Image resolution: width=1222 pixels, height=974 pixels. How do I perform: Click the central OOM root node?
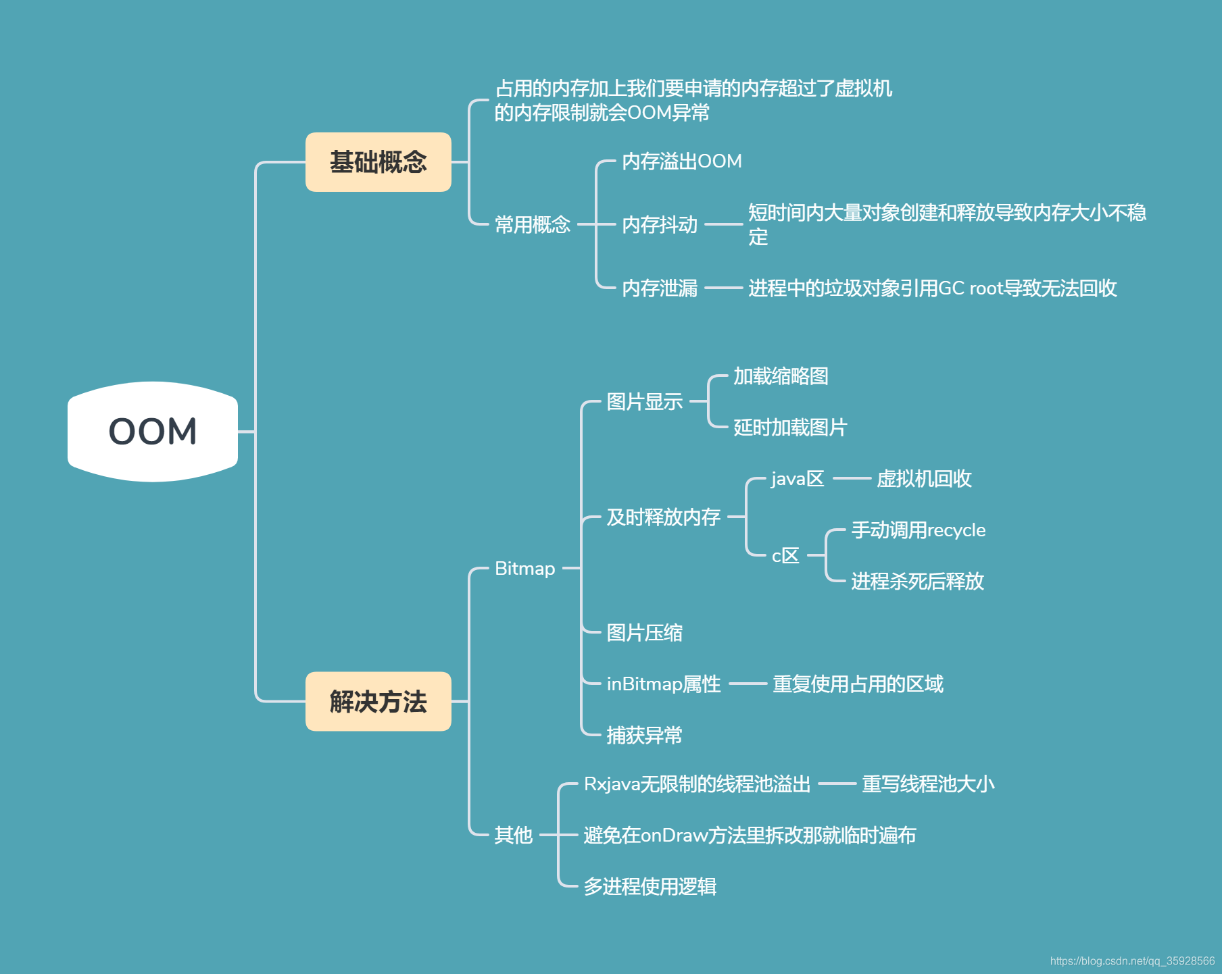(x=153, y=432)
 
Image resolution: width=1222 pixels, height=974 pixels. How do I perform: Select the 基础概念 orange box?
(x=378, y=162)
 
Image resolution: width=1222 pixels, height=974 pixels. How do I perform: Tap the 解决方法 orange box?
(x=378, y=701)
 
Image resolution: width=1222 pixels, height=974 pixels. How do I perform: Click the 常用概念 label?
(x=533, y=224)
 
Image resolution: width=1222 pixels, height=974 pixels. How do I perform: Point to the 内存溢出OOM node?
(x=681, y=161)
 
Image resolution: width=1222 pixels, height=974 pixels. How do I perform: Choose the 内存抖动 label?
(x=659, y=224)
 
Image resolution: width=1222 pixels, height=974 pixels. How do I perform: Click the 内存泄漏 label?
(x=659, y=288)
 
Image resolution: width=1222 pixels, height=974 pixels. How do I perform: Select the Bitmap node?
(x=524, y=569)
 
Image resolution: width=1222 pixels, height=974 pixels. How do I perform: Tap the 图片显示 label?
(x=644, y=402)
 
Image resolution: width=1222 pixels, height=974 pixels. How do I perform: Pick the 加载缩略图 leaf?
(x=781, y=376)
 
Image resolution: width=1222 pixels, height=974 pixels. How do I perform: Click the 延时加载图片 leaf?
(x=790, y=428)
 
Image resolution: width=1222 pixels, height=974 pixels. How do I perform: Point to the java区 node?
(x=798, y=479)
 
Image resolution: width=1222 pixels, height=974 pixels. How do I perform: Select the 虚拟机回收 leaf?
(x=924, y=479)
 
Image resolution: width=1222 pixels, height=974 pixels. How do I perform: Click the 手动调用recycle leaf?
(x=918, y=530)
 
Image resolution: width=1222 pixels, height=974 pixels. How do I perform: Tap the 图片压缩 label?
(x=644, y=633)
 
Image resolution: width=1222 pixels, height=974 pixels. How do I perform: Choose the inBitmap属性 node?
(x=663, y=684)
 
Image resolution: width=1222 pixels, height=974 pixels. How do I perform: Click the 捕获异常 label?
(x=644, y=736)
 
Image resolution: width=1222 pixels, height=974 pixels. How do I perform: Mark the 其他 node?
(x=513, y=836)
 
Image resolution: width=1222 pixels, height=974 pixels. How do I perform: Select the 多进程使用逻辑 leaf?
(x=650, y=887)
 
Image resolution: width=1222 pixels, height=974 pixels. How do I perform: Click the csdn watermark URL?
(x=1132, y=961)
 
